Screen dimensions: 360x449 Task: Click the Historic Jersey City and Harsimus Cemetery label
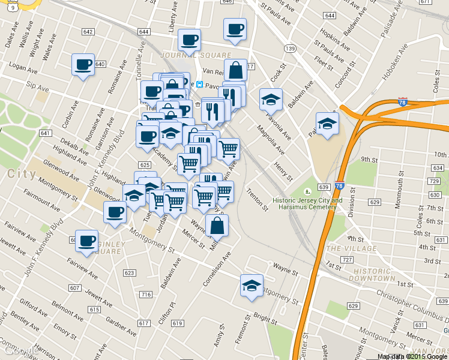(308, 203)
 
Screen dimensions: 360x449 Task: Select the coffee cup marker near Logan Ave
(83, 64)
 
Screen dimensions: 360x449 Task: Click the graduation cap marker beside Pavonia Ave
(271, 100)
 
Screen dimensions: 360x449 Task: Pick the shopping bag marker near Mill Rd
(217, 226)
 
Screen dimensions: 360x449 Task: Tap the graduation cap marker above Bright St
(252, 286)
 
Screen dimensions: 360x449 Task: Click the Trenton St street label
(258, 199)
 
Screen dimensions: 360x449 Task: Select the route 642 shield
(88, 32)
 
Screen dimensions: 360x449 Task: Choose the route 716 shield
(145, 295)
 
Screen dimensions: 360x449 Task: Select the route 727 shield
(347, 259)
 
